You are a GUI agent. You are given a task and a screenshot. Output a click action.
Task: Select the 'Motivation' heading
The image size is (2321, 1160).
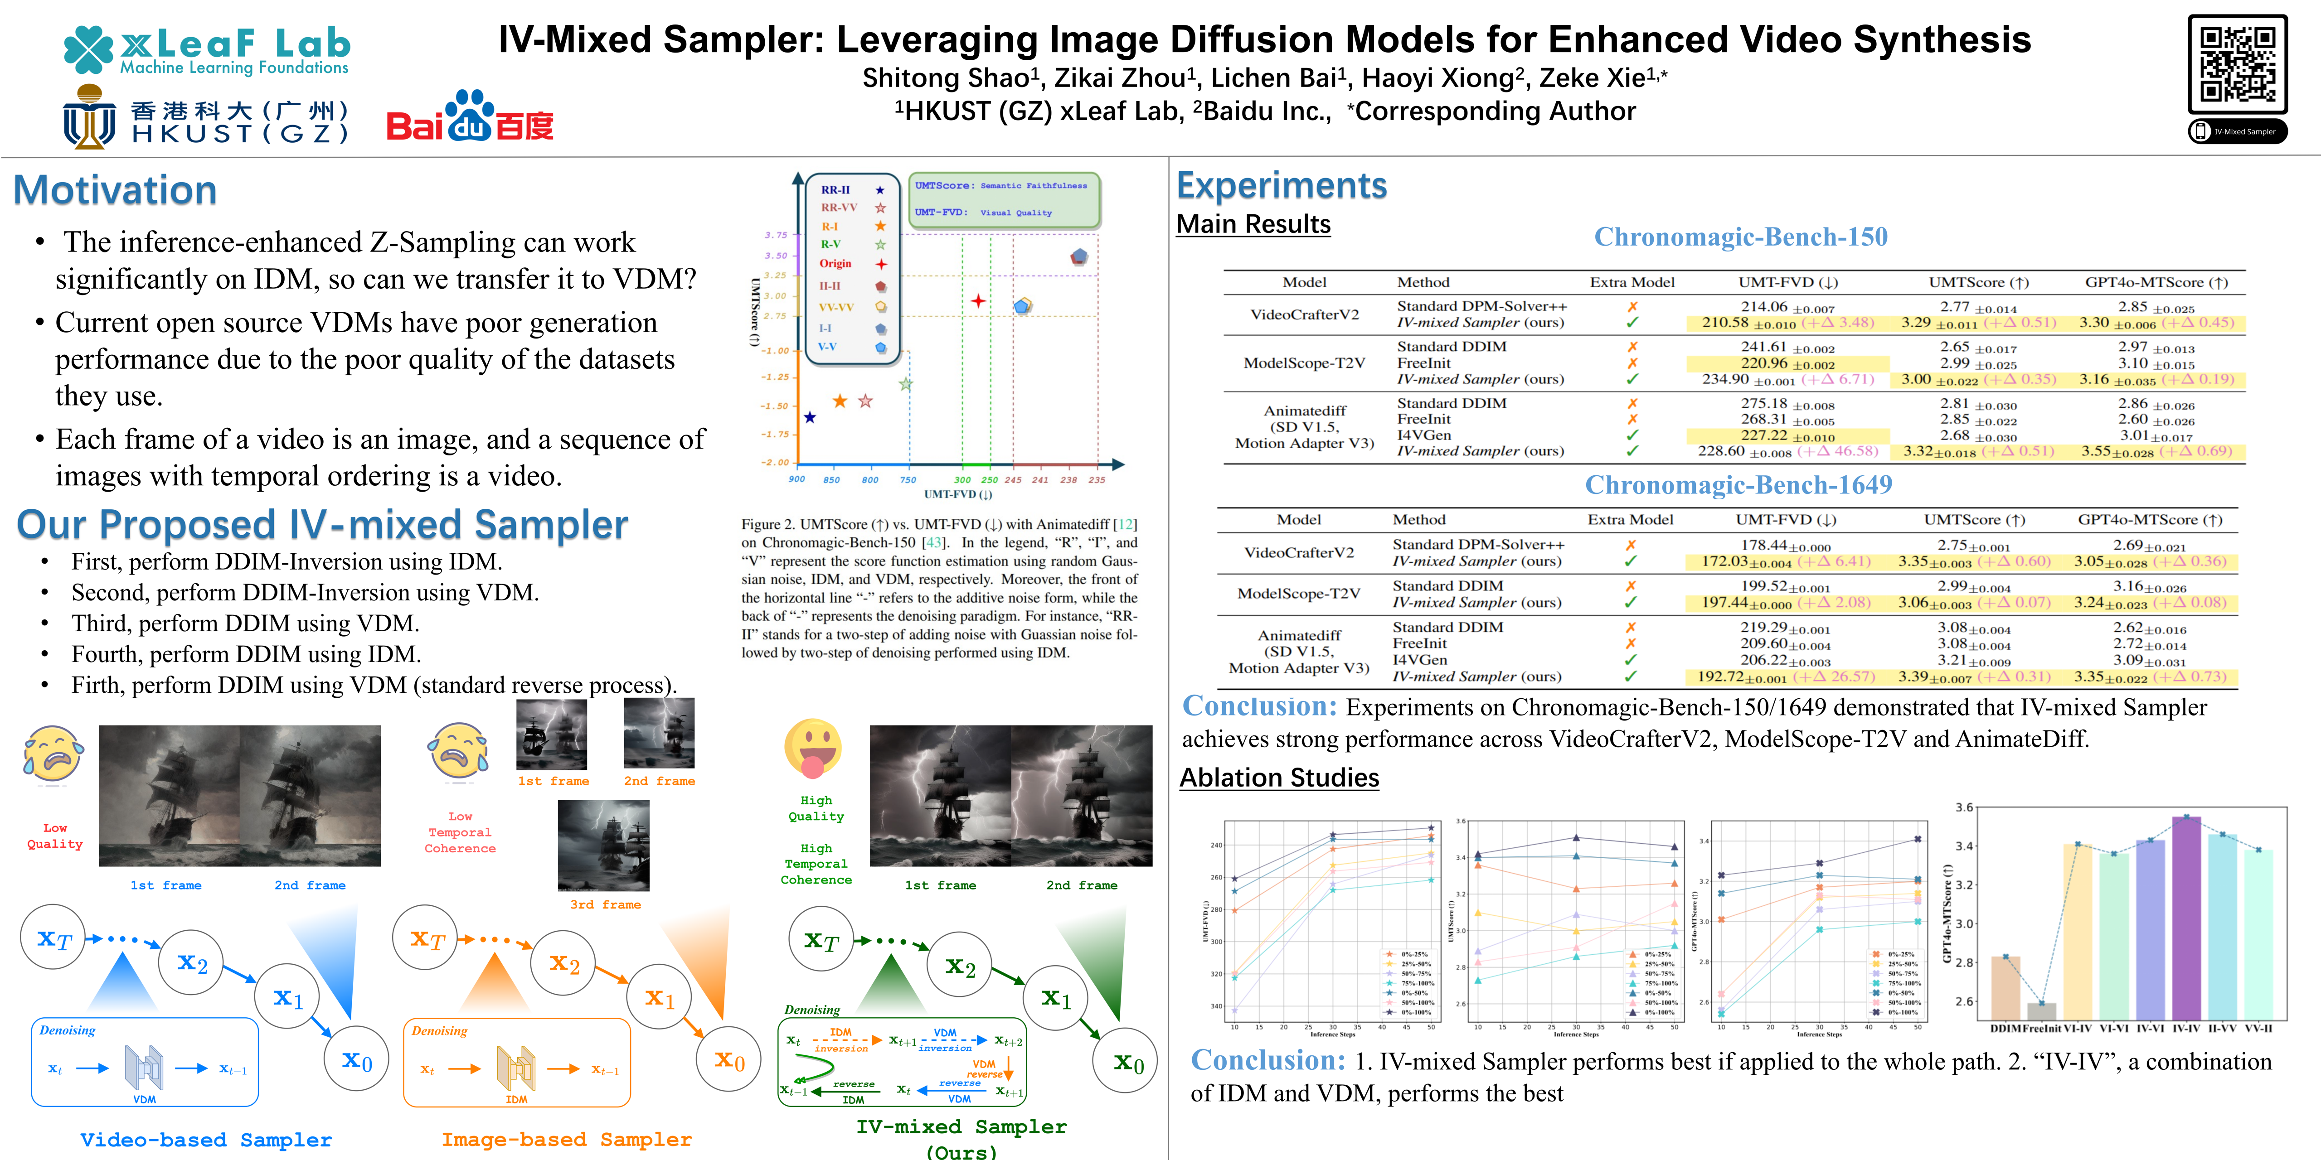pyautogui.click(x=115, y=190)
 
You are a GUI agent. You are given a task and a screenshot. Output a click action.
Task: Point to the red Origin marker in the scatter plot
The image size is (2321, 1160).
pyautogui.click(x=978, y=301)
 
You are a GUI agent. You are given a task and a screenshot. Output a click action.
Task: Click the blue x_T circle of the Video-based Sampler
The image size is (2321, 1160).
pyautogui.click(x=54, y=938)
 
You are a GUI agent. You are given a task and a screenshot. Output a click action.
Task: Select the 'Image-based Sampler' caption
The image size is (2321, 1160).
pyautogui.click(x=566, y=1139)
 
